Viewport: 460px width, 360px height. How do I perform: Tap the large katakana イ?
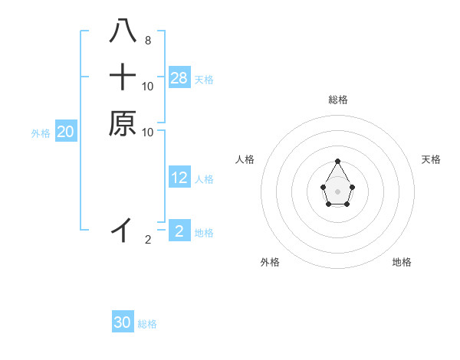pyautogui.click(x=123, y=229)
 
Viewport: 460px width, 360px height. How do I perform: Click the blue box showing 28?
pyautogui.click(x=179, y=77)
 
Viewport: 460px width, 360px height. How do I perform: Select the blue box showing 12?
pyautogui.click(x=179, y=178)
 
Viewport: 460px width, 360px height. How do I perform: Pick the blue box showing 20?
pyautogui.click(x=66, y=132)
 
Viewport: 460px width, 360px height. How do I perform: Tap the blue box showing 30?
pyautogui.click(x=123, y=322)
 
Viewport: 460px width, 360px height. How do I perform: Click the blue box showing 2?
pyautogui.click(x=179, y=231)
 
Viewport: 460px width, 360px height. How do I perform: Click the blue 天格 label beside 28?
pyautogui.click(x=204, y=79)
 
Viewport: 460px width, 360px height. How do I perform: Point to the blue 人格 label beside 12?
pyautogui.click(x=204, y=179)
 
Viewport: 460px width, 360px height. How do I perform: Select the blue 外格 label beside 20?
pyautogui.click(x=41, y=133)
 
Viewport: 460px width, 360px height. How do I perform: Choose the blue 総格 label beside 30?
pyautogui.click(x=147, y=324)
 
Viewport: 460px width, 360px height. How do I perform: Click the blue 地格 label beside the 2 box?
pyautogui.click(x=204, y=232)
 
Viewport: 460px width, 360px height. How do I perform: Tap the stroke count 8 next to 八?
pyautogui.click(x=147, y=40)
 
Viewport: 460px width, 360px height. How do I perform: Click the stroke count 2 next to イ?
pyautogui.click(x=148, y=240)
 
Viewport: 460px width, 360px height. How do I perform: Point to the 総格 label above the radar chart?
pyautogui.click(x=338, y=100)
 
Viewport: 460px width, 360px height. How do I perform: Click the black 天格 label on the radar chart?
pyautogui.click(x=431, y=159)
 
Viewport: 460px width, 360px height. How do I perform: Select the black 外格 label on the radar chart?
pyautogui.click(x=270, y=262)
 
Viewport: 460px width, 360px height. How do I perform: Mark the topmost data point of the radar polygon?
pyautogui.click(x=338, y=161)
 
